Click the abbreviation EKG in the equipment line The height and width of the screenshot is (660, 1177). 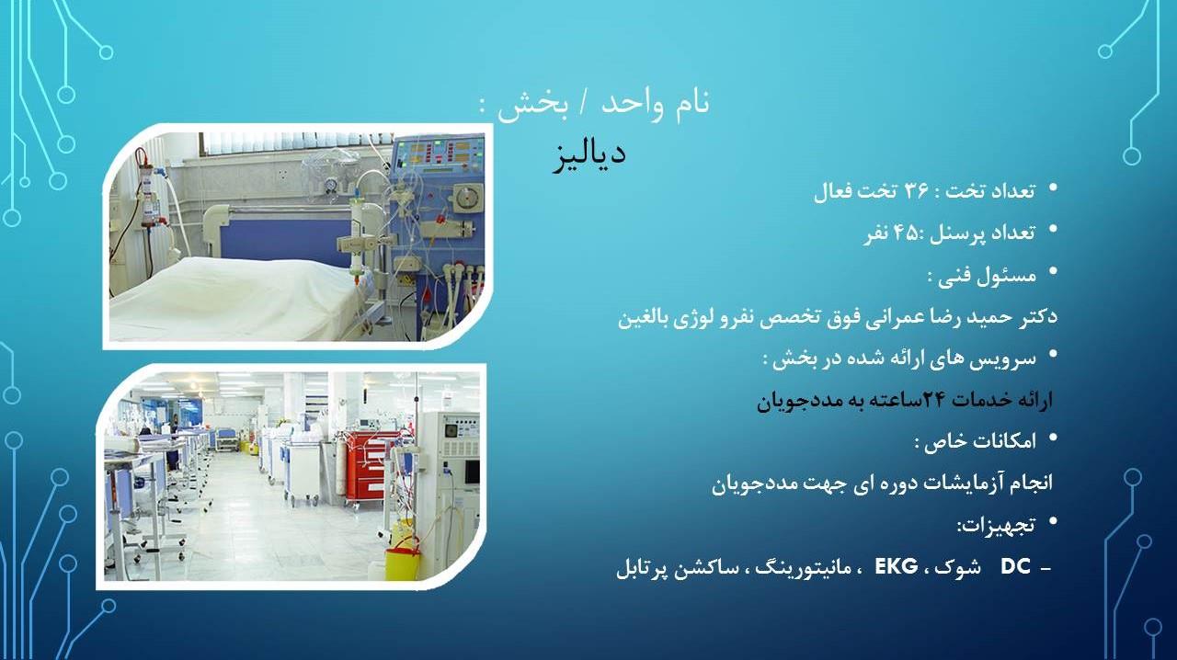pyautogui.click(x=896, y=566)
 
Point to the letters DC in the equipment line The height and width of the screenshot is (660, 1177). pyautogui.click(x=1015, y=567)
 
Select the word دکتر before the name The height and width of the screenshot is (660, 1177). pyautogui.click(x=1035, y=317)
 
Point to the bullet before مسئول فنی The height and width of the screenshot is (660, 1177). pyautogui.click(x=1053, y=273)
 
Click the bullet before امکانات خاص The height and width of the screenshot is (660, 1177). pyautogui.click(x=1053, y=439)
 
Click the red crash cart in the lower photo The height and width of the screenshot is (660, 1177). pyautogui.click(x=372, y=464)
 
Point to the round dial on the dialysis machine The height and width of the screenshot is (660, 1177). pyautogui.click(x=469, y=195)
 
